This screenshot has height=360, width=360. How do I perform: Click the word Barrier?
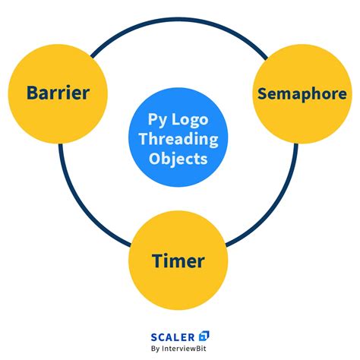point(58,93)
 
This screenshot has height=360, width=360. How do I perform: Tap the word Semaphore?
point(302,93)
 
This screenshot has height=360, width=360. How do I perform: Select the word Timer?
point(178,261)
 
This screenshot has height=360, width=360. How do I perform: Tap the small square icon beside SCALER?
point(204,335)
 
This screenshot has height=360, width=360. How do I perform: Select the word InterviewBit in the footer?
point(187,349)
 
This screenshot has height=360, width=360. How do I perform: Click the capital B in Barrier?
point(31,93)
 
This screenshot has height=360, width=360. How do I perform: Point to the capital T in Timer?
point(157,261)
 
